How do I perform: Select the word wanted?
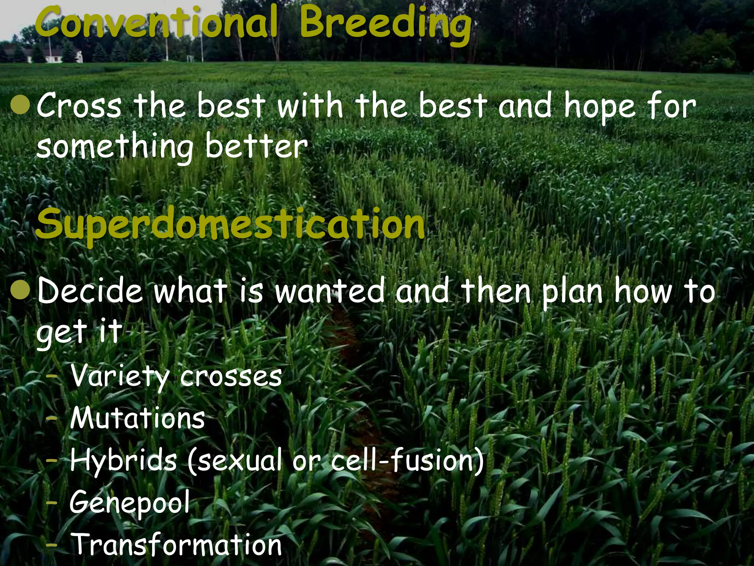click(x=330, y=291)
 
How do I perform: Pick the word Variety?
click(x=119, y=377)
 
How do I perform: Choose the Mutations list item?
click(x=137, y=418)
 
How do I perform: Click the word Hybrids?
click(x=123, y=461)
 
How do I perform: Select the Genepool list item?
click(x=130, y=503)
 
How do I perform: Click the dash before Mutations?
click(x=53, y=419)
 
